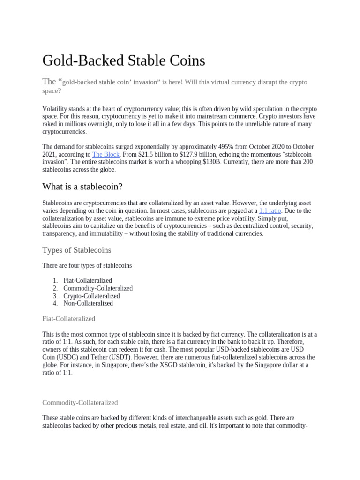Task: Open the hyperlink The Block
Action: tap(105, 154)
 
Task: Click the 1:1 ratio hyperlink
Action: tap(270, 211)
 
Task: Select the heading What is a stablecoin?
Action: tap(82, 187)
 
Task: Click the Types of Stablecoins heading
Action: tap(77, 249)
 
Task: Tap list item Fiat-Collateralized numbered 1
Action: tap(88, 280)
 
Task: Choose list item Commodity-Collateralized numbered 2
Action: tap(98, 288)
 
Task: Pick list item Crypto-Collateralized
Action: tap(91, 296)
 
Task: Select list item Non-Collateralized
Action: tap(88, 303)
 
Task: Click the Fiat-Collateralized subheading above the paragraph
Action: tap(69, 319)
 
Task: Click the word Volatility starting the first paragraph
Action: tap(55, 109)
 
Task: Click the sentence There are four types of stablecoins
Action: tap(87, 265)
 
